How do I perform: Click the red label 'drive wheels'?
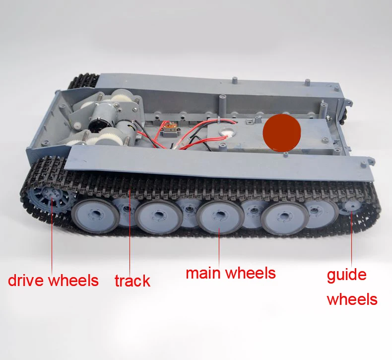point(53,281)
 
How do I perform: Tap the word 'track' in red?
point(132,281)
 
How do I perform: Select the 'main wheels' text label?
point(231,273)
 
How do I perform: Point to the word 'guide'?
point(346,276)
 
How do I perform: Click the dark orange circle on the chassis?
point(282,133)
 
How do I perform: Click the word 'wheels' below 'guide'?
point(352,299)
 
